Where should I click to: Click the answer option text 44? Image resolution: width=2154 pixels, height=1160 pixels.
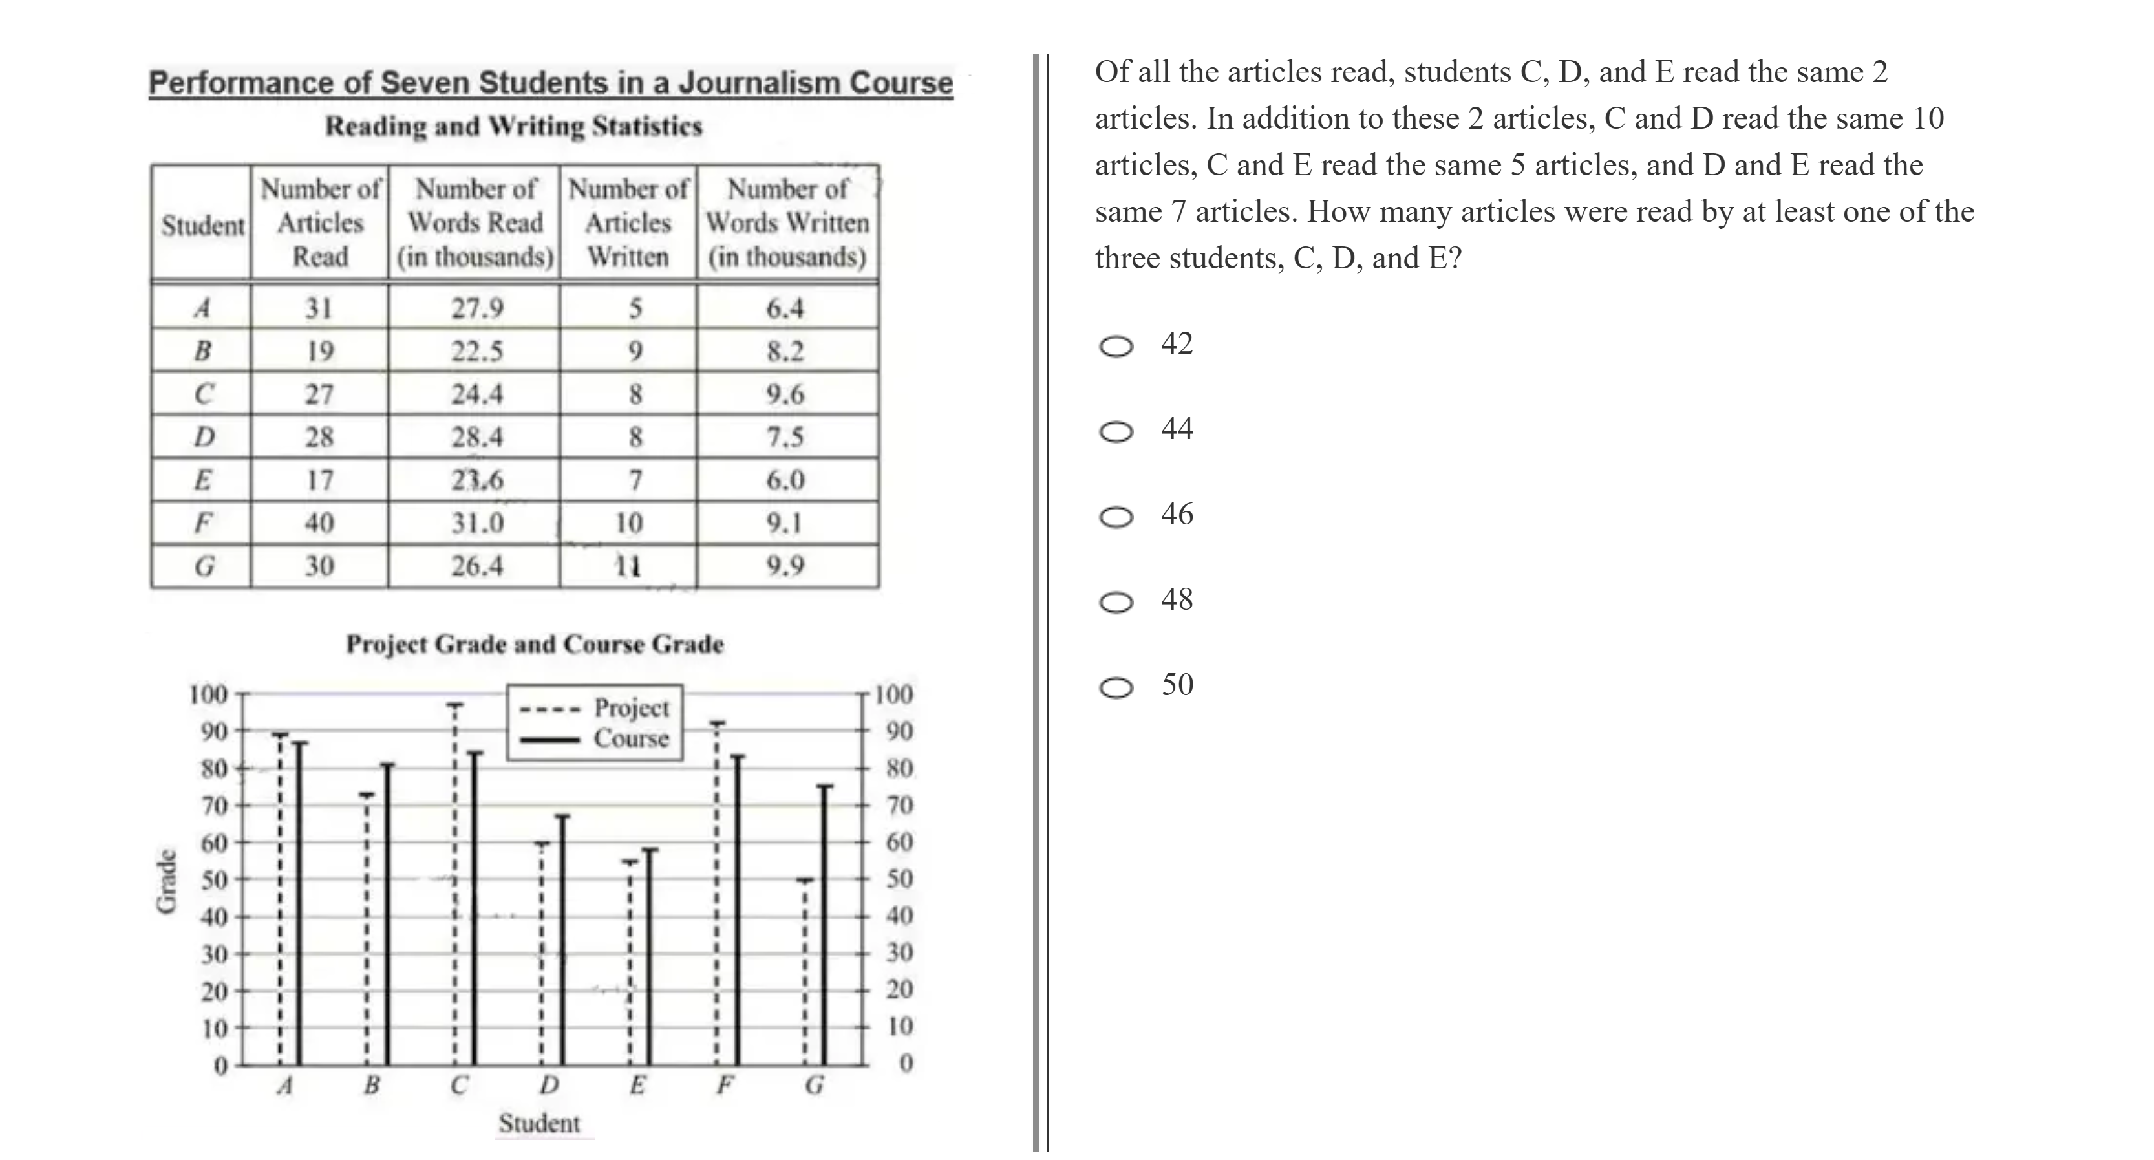click(1177, 429)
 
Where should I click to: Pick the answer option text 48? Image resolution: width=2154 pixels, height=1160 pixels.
click(1177, 599)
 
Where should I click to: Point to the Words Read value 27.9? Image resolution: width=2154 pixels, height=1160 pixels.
click(478, 308)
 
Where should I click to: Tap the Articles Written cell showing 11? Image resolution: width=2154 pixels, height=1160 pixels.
click(628, 566)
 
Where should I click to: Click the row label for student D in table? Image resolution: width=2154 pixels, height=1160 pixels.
click(203, 436)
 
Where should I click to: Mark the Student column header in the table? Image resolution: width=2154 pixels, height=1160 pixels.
click(203, 225)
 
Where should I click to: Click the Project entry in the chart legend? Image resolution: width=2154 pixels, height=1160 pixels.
click(632, 707)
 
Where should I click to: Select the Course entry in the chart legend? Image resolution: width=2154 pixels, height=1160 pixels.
click(632, 738)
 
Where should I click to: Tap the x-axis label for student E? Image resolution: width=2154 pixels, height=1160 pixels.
click(637, 1086)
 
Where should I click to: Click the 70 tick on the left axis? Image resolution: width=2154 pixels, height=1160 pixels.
click(214, 806)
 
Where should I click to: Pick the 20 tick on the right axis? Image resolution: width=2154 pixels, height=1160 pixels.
click(900, 989)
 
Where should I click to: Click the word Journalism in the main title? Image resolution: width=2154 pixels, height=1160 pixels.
click(758, 83)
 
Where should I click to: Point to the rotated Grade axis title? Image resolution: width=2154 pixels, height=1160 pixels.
click(167, 881)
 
